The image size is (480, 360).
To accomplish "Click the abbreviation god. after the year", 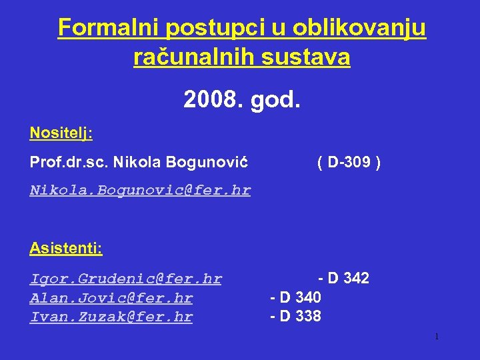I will [276, 101].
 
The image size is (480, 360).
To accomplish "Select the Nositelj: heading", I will [61, 133].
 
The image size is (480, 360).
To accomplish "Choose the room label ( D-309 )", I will [349, 162].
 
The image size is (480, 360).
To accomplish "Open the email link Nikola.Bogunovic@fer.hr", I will [140, 190].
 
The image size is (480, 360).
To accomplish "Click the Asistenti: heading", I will [66, 249].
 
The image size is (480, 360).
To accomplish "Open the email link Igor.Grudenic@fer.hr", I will [126, 279].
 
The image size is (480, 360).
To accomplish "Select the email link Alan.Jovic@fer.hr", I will [111, 298].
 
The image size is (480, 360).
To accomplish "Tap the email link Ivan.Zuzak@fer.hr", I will [111, 317].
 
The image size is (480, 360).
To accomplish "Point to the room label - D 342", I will [343, 278].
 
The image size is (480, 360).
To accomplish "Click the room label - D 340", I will [295, 297].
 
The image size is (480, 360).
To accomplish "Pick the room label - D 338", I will [295, 315].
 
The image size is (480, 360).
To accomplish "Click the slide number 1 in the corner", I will [436, 337].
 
